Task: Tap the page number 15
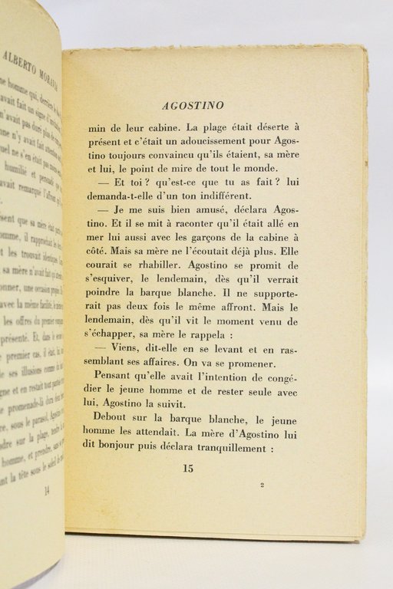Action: [188, 468]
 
